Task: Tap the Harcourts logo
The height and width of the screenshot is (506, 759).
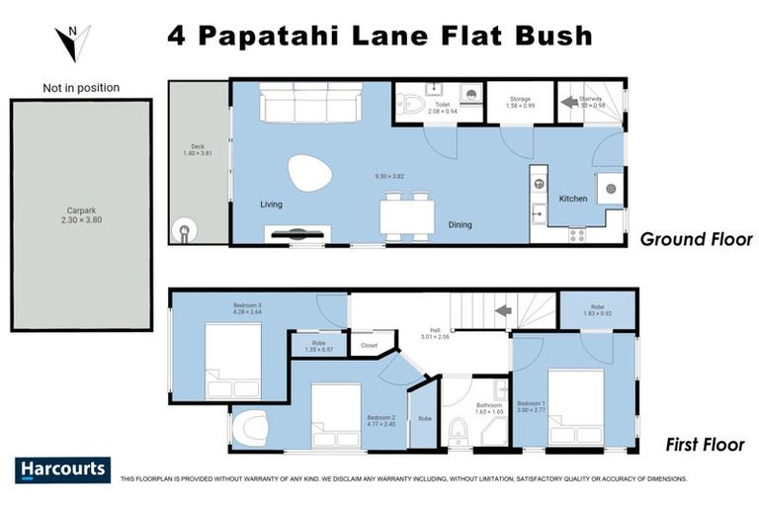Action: [x=62, y=469]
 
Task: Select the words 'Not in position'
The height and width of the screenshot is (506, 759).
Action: [x=81, y=88]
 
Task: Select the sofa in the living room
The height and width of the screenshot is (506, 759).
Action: [x=308, y=103]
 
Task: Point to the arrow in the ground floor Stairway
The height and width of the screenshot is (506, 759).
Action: [x=570, y=101]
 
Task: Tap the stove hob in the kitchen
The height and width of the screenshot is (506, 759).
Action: [x=576, y=234]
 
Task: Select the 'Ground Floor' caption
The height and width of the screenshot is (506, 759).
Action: [x=696, y=239]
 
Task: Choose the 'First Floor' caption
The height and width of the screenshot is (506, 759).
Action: [x=704, y=445]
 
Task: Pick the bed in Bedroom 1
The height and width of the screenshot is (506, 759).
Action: [x=575, y=405]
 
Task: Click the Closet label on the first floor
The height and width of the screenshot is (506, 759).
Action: [x=369, y=346]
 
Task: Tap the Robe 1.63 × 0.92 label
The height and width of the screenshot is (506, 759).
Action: [x=597, y=310]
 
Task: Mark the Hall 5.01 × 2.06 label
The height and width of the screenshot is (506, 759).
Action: [x=433, y=334]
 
